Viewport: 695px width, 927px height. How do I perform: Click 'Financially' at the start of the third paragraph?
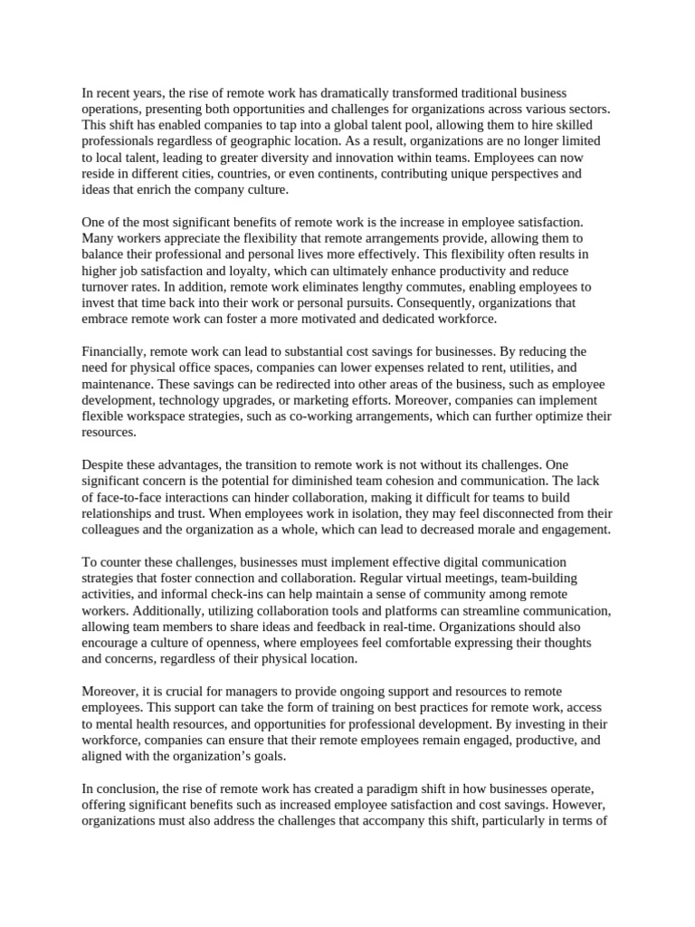113,351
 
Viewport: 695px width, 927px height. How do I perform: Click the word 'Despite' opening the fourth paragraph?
102,465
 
